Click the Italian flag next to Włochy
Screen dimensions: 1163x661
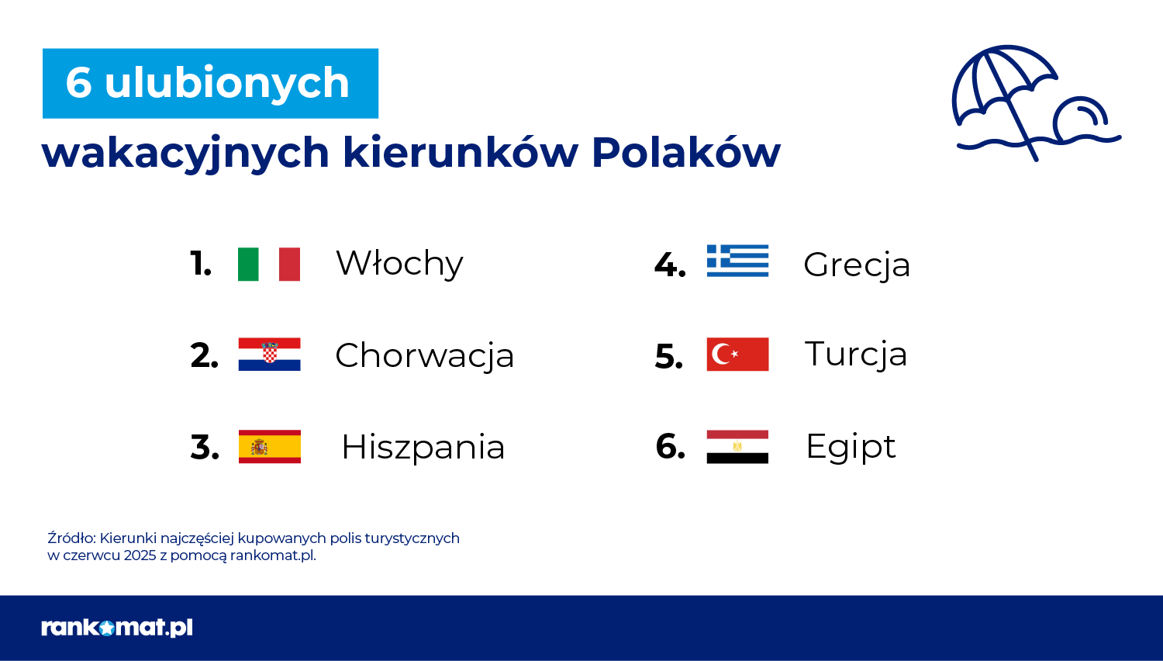(269, 264)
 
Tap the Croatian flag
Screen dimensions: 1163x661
(270, 355)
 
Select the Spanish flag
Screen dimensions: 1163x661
(270, 446)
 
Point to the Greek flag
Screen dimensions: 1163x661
(738, 261)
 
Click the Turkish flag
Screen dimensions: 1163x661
(738, 355)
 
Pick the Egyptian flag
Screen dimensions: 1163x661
(737, 447)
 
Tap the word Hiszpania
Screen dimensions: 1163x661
(423, 448)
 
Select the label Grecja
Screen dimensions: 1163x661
(857, 265)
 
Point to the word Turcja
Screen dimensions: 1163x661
(856, 355)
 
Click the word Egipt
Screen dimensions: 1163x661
(851, 447)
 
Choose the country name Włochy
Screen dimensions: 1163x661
(399, 264)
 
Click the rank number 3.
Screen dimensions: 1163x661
(205, 448)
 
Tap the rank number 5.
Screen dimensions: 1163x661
(668, 356)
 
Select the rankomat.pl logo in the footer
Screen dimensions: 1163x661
(117, 628)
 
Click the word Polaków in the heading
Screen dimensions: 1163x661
(686, 153)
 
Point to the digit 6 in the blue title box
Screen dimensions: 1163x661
(79, 83)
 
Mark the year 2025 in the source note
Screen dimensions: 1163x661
(140, 555)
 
